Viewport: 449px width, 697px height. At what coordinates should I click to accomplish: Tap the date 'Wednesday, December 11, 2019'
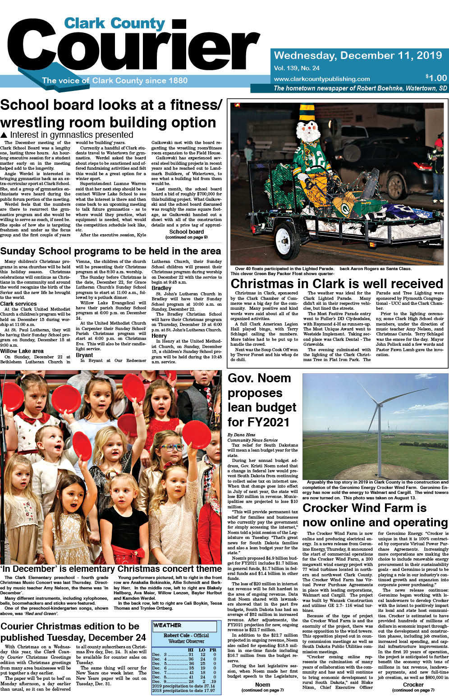(358, 55)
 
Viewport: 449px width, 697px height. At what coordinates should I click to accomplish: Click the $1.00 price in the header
(436, 78)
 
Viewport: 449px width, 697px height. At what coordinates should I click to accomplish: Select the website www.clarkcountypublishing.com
(321, 79)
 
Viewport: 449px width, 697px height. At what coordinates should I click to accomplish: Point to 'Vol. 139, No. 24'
(297, 68)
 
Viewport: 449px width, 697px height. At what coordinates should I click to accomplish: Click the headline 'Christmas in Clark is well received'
(337, 284)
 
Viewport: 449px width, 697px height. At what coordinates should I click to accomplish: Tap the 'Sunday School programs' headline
(110, 251)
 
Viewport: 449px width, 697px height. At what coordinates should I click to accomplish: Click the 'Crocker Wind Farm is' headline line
(364, 508)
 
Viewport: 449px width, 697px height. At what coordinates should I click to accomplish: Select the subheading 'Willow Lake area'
(22, 351)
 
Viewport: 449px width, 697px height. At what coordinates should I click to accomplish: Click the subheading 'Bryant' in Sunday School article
(84, 355)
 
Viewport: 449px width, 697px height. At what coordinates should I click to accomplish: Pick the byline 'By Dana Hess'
(241, 435)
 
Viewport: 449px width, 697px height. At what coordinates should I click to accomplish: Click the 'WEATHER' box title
(167, 625)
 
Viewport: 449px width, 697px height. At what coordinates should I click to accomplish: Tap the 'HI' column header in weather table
(190, 650)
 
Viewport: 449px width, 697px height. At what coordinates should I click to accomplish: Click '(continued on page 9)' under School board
(186, 237)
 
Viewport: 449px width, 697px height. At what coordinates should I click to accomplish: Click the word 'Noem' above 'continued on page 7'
(262, 684)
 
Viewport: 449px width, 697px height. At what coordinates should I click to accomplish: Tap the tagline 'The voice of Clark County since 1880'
(115, 81)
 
